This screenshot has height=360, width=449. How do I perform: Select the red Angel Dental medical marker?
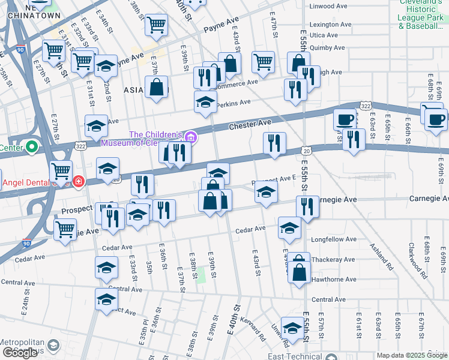tap(79, 181)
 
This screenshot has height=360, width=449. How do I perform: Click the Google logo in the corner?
tap(20, 353)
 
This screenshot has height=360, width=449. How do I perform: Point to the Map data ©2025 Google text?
tap(412, 355)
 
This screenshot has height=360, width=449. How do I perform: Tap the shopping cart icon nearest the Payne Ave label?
tap(157, 25)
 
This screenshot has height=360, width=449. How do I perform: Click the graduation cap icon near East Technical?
tap(292, 328)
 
